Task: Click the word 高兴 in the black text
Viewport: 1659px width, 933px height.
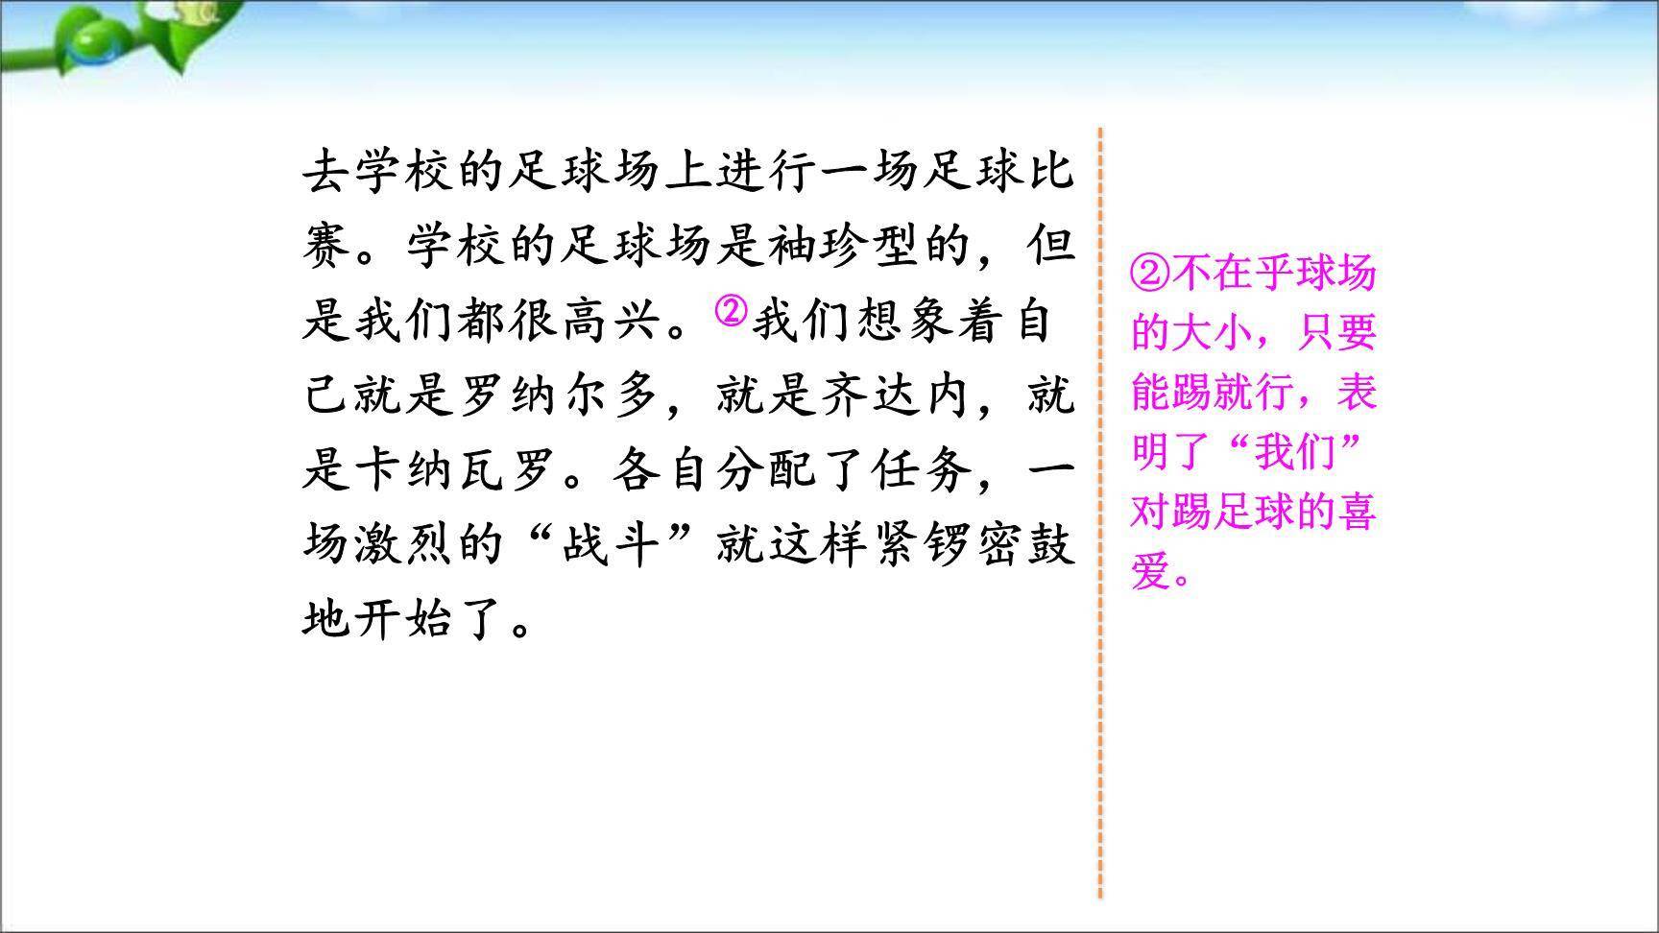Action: coord(610,321)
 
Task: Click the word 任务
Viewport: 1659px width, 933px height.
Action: coord(922,470)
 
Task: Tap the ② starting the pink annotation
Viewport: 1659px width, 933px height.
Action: coord(1150,275)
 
